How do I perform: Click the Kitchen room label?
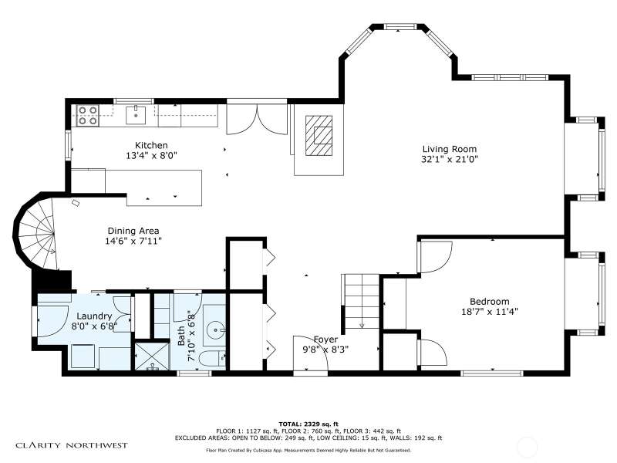point(151,145)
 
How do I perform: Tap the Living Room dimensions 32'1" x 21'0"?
point(450,160)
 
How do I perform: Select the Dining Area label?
point(133,231)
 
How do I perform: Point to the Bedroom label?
point(490,302)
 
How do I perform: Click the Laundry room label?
point(94,316)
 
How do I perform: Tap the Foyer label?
point(325,340)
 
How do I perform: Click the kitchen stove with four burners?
point(87,115)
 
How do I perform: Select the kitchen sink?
point(136,115)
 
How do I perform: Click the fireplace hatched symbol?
point(319,136)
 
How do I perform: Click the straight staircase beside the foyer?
point(362,302)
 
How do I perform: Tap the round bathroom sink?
point(217,327)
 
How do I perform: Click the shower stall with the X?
point(152,357)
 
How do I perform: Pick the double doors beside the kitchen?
point(258,119)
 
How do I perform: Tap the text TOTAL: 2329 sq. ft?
point(308,424)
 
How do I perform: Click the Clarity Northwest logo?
point(72,446)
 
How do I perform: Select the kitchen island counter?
point(164,188)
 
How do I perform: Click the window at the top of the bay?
point(400,27)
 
